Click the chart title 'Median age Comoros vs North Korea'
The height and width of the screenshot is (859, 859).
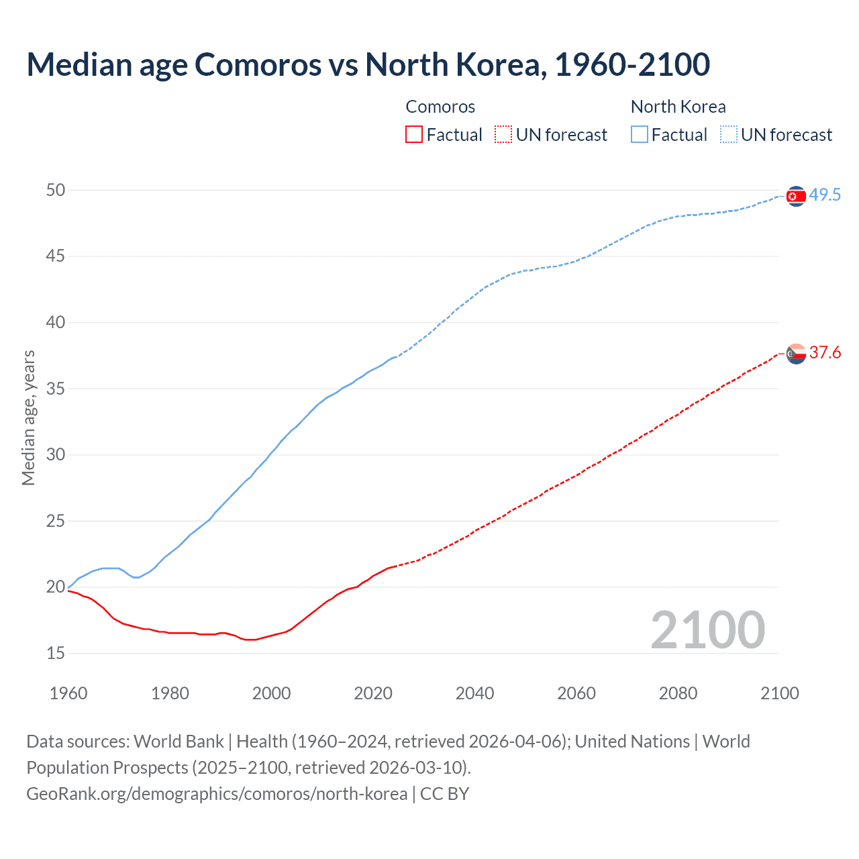point(368,64)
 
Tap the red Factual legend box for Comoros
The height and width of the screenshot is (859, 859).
point(414,134)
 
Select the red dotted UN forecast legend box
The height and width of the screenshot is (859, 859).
point(503,134)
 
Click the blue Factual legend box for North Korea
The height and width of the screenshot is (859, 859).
point(640,134)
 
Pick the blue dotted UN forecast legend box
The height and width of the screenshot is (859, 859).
point(728,134)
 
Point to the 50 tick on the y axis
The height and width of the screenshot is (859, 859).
point(56,190)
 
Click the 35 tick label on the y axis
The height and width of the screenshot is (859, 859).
point(56,389)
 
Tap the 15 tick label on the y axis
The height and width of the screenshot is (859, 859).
point(56,653)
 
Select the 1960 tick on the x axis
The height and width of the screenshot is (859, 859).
point(68,693)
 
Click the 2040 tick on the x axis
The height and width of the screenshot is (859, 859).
point(474,693)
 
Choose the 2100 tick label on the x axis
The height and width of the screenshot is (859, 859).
point(779,693)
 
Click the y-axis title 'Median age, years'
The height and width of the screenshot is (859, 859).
point(28,417)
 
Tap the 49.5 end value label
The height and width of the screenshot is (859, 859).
point(825,195)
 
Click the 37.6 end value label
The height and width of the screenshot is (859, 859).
point(825,353)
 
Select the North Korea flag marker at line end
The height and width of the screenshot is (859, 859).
point(796,196)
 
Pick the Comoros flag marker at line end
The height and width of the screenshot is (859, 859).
point(796,354)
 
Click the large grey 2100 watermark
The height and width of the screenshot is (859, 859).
point(707,629)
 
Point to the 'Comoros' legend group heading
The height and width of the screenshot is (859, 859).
point(440,107)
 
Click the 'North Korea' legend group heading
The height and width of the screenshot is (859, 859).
point(678,107)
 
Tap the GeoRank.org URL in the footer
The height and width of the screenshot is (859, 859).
point(217,793)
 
